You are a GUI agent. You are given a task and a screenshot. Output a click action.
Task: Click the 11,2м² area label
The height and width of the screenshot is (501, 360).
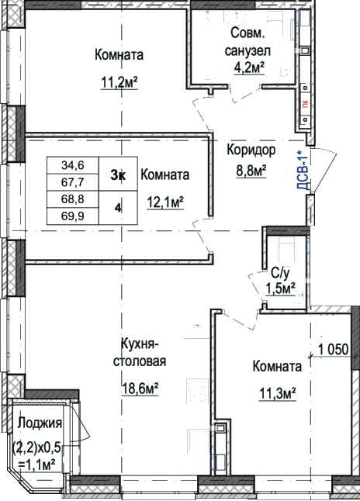(119, 83)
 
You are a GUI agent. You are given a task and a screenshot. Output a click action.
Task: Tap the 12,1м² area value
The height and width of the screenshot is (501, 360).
(165, 202)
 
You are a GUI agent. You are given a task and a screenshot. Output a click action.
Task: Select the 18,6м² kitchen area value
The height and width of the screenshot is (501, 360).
(140, 389)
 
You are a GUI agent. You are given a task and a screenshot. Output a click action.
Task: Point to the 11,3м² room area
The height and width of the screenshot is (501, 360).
(277, 393)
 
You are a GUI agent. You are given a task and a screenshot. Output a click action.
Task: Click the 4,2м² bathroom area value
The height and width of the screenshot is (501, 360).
(249, 67)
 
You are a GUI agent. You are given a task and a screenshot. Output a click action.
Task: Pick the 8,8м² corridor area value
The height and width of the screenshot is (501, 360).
(251, 171)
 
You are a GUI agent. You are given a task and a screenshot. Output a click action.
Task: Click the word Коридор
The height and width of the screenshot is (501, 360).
(251, 150)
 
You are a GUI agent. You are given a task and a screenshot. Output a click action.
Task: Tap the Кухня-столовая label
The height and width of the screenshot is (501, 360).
(140, 353)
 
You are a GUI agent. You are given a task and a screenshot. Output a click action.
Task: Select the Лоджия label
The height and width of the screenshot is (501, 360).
(40, 423)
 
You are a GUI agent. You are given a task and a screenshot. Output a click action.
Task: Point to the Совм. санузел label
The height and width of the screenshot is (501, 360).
(247, 42)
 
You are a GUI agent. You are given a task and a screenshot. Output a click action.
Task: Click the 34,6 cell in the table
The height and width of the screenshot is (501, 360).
(73, 165)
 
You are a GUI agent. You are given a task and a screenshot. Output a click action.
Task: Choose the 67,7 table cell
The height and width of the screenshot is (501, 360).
(73, 182)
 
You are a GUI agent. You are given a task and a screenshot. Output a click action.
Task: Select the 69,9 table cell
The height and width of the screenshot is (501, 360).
(73, 216)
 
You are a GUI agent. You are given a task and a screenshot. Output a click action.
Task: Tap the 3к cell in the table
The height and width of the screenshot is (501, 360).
(118, 174)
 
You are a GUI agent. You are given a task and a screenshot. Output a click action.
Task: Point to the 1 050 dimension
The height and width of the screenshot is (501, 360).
(333, 349)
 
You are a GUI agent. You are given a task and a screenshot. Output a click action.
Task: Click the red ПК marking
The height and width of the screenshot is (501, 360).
(306, 103)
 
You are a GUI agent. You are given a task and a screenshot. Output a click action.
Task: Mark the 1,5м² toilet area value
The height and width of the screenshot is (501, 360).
(280, 289)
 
